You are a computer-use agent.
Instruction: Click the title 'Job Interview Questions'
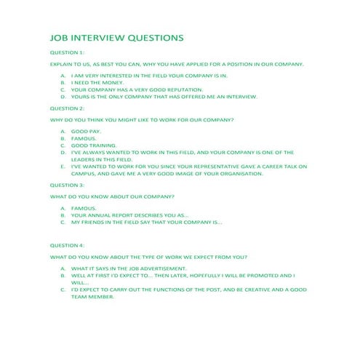coord(116,37)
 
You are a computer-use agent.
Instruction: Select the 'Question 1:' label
coord(67,53)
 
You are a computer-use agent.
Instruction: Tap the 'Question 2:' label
coord(67,108)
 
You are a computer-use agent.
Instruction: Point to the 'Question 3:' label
coord(67,185)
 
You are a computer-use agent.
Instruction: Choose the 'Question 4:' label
coord(67,246)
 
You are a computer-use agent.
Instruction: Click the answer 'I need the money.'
coord(96,83)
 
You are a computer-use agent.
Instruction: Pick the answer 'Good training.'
coord(92,145)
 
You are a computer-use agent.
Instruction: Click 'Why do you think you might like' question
coord(141,119)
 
